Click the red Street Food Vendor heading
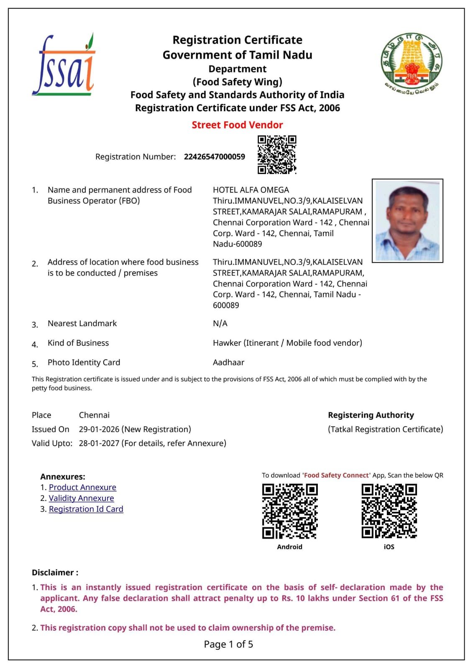237,125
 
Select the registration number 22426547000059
215,157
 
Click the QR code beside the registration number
277,154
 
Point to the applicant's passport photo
407,221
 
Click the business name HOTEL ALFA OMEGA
251,190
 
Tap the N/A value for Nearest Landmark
220,323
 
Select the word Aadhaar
228,363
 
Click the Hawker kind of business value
287,343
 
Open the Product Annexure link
82,488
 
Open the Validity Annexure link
81,498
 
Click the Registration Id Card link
86,509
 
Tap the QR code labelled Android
290,511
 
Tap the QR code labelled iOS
389,511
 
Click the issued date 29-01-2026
99,429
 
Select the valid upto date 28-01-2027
99,443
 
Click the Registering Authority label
371,415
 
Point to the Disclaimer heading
55,572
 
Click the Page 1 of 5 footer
228,644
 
